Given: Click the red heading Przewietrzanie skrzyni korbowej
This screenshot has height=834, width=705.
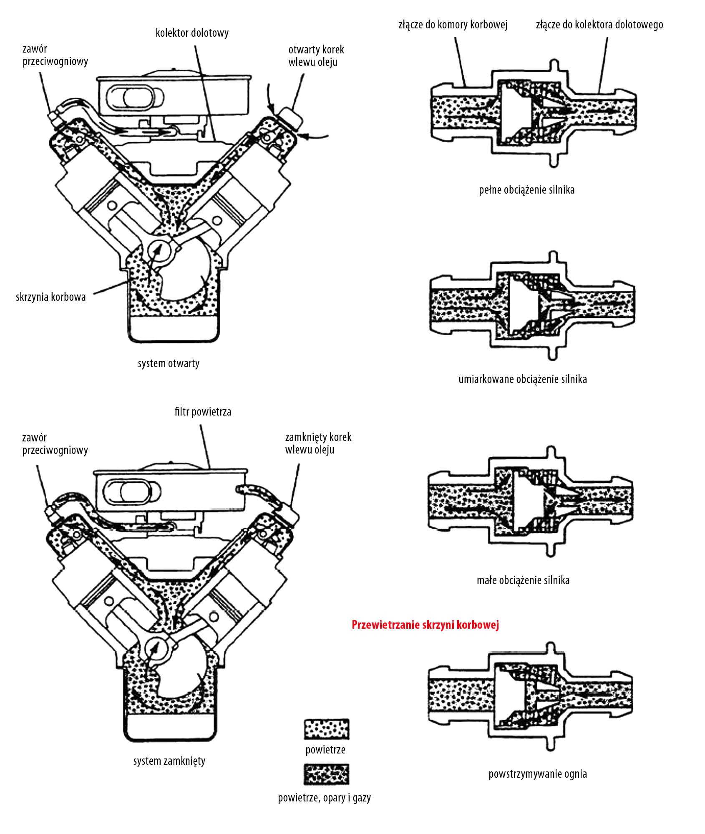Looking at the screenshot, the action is pos(425,625).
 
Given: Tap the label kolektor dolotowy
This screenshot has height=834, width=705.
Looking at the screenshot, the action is pos(192,33).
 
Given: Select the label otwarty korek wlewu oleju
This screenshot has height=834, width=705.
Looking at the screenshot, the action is pos(316,56).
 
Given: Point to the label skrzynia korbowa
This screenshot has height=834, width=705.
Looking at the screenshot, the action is pos(51,297).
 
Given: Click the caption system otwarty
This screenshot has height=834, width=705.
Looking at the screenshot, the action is pos(169,363).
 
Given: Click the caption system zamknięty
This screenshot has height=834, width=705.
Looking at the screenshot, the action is pos(169,761).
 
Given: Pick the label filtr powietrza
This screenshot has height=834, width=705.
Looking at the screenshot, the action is pos(203,412).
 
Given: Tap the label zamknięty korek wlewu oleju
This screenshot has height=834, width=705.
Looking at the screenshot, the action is pos(318,443).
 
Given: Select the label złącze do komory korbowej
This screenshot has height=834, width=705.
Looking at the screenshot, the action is pos(453,25).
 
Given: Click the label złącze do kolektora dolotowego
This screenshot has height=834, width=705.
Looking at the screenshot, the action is pos(599,25).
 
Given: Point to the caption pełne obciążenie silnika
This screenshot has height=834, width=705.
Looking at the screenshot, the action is pos(526,190).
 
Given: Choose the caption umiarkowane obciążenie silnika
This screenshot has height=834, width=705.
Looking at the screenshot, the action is pos(523,379).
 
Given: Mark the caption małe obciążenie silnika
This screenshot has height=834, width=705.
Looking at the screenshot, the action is pos(523,580).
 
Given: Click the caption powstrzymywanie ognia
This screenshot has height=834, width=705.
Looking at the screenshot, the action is pos(538,774).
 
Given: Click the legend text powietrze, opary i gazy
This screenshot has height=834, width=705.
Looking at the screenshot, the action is pos(325,798).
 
